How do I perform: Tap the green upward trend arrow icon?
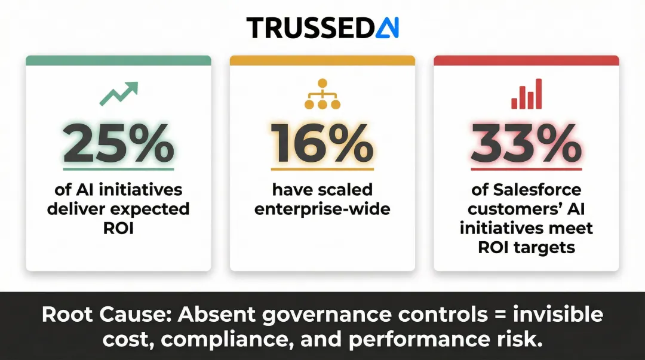118,93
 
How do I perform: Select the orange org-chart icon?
322,94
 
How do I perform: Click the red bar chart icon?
526,94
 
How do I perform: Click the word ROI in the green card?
118,228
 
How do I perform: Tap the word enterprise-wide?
322,210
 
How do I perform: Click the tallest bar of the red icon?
539,93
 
